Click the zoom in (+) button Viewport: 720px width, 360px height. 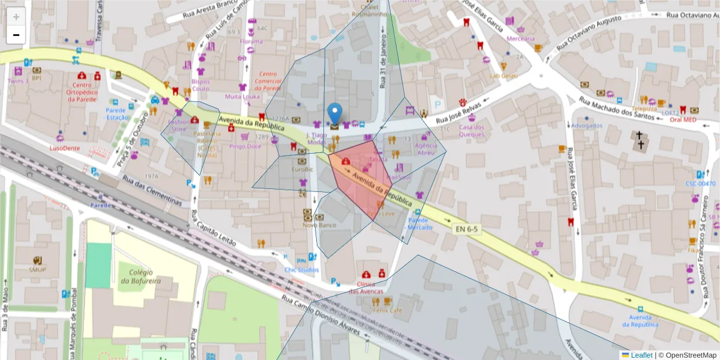coord(16,16)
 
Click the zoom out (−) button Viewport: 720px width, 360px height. coord(16,35)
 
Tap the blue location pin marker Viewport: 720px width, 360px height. coord(335,114)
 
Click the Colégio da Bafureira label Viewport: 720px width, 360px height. coord(142,277)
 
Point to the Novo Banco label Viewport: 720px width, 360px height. coord(319,225)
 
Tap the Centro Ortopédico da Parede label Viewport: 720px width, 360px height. coord(82,92)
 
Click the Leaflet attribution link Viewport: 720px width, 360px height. coord(641,355)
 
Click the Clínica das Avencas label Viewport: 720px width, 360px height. coord(366,287)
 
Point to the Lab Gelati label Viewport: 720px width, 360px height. coord(503,76)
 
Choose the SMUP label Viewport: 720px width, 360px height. coord(37,269)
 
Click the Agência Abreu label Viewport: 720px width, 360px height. coord(425,149)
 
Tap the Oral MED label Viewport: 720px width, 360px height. coord(683,119)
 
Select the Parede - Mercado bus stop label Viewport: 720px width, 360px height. coord(419,224)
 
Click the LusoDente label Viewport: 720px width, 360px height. coord(64,148)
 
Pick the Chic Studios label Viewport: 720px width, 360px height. coord(302,269)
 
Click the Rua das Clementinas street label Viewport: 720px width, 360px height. coord(152,190)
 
